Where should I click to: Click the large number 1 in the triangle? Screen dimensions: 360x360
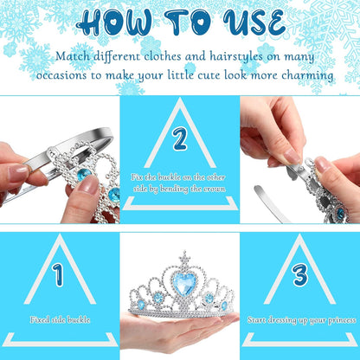click(x=58, y=274)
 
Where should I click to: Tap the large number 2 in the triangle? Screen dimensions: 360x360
click(x=180, y=139)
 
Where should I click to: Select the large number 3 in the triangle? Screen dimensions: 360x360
click(x=300, y=274)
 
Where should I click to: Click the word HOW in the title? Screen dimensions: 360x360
click(x=115, y=22)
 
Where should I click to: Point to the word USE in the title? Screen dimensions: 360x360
click(x=254, y=22)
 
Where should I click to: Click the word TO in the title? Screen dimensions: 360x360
click(x=188, y=22)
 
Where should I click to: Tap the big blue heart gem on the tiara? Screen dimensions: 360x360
click(x=183, y=283)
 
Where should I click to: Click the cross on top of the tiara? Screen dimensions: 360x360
click(x=183, y=257)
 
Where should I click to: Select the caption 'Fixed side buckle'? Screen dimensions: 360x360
click(x=60, y=319)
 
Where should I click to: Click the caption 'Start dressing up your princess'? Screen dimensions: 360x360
click(x=301, y=320)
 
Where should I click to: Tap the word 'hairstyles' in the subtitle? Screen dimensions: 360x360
click(x=236, y=56)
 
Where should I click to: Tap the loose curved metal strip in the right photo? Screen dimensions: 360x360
click(x=267, y=203)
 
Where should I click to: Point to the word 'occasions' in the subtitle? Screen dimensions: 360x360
click(x=61, y=75)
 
